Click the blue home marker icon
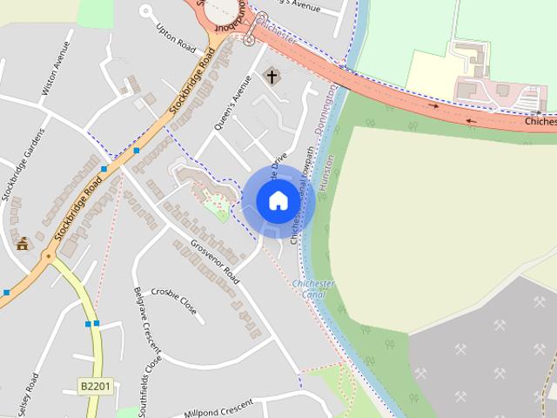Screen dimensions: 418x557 (278, 200)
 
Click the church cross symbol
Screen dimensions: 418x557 (272, 77)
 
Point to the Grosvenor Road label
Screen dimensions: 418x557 (214, 262)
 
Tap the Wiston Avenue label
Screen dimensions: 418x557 (54, 68)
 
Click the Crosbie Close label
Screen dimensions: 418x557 (173, 301)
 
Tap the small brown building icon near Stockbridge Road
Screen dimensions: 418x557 (22, 243)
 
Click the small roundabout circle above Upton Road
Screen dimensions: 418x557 (146, 12)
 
